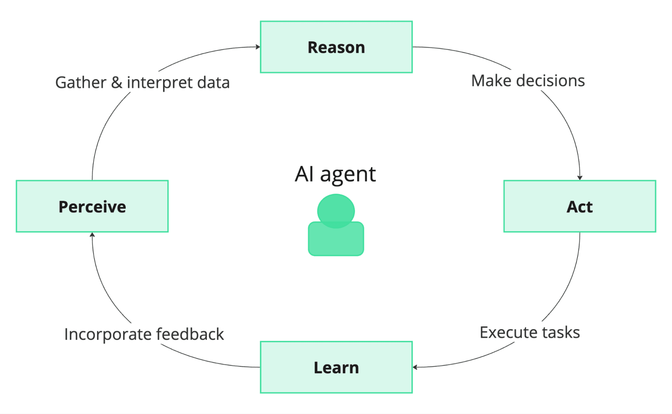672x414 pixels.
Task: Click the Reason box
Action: (336, 47)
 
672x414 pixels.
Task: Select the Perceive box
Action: (92, 206)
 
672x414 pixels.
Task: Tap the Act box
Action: (580, 206)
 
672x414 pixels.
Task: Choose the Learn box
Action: (336, 367)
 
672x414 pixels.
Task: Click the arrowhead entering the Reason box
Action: (258, 47)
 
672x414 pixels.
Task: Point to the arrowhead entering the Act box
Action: (580, 178)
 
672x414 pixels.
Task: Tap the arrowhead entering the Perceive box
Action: (92, 235)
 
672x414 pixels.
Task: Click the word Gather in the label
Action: (81, 83)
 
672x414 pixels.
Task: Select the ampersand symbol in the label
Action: (117, 83)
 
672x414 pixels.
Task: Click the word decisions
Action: (551, 81)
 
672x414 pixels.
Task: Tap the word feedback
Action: (190, 334)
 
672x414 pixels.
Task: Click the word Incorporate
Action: (108, 334)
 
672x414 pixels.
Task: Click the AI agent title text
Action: (335, 174)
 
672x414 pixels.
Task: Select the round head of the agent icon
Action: (336, 209)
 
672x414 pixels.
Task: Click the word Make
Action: (491, 81)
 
